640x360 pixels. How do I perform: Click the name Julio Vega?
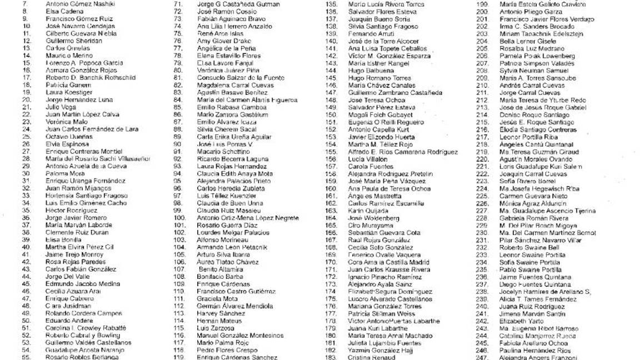tap(61, 107)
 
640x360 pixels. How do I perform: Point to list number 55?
tap(26, 357)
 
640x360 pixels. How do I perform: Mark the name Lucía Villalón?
tap(367, 159)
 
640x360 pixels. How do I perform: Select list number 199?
tap(482, 4)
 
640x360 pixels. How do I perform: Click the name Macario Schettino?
tap(223, 151)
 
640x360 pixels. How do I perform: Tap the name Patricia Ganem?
tap(64, 85)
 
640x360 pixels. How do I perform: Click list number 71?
tap(178, 4)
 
